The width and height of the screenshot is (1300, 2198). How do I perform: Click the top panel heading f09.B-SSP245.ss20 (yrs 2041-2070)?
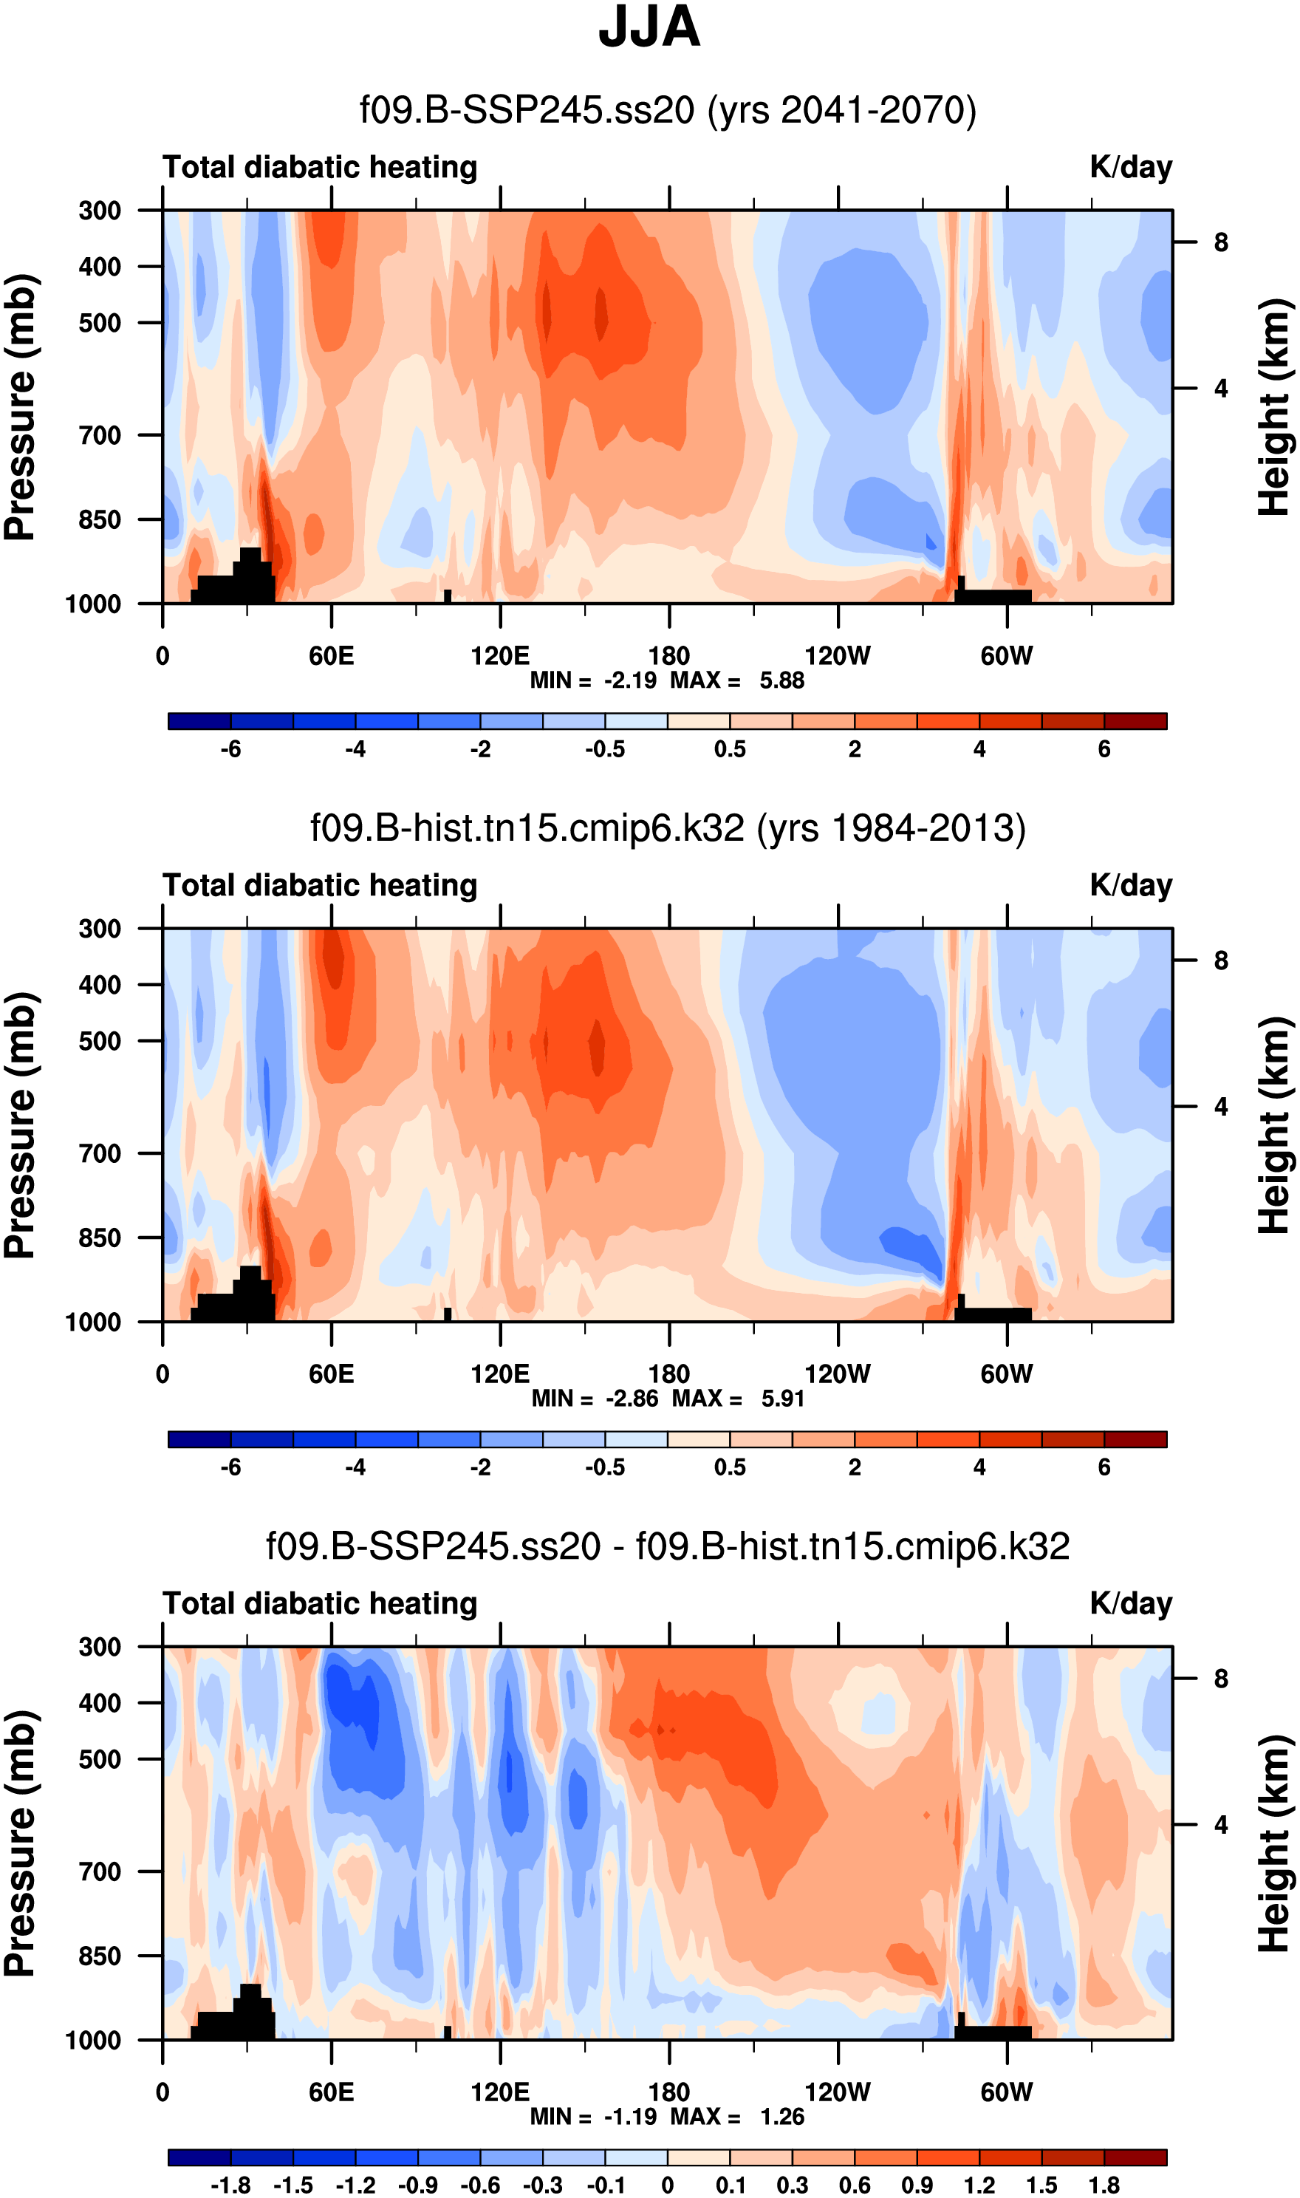(668, 110)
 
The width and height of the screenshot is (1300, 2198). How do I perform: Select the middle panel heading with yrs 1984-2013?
(668, 828)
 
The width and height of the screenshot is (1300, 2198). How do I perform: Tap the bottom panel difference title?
(668, 1546)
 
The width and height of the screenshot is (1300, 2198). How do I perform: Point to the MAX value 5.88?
(781, 680)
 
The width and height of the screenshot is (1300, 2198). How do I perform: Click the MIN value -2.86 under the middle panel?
(632, 1398)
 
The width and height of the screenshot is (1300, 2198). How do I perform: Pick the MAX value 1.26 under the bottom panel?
(781, 2116)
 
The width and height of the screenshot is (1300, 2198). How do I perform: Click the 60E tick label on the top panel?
(331, 655)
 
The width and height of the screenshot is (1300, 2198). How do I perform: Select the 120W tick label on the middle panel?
(838, 1373)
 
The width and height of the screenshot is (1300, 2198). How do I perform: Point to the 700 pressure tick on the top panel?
(100, 434)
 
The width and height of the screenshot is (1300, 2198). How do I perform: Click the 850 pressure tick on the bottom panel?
(100, 1956)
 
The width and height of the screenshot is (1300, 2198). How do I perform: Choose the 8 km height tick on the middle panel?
(1220, 961)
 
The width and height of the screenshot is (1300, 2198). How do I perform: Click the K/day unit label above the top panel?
(1130, 167)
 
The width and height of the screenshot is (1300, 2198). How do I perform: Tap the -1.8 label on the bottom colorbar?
(230, 2185)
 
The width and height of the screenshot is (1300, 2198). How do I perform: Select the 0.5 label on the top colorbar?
(730, 749)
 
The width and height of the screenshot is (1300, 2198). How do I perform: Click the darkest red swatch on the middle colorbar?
(1135, 1439)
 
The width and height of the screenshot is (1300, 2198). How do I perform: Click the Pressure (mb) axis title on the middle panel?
(21, 1126)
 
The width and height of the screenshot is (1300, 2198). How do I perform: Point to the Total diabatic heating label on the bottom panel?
(320, 1603)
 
